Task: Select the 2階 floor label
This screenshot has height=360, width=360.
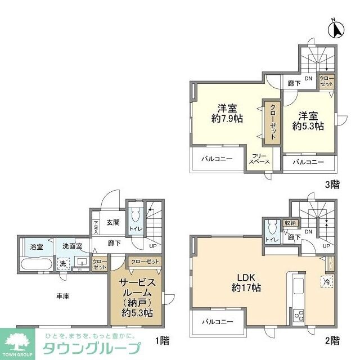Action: pyautogui.click(x=332, y=340)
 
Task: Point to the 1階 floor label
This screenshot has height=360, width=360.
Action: pyautogui.click(x=161, y=340)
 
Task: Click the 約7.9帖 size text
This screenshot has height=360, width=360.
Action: pyautogui.click(x=227, y=119)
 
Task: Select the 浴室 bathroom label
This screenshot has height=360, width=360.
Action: pyautogui.click(x=29, y=245)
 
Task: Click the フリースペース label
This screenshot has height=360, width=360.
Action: pyautogui.click(x=259, y=159)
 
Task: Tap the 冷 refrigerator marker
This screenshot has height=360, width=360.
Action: pyautogui.click(x=326, y=281)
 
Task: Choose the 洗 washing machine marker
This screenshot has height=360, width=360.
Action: pyautogui.click(x=63, y=263)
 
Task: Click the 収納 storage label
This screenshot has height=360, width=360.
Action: pyautogui.click(x=290, y=223)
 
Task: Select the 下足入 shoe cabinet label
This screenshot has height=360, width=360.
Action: pyautogui.click(x=96, y=226)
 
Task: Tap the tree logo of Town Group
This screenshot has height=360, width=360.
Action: pyautogui.click(x=20, y=340)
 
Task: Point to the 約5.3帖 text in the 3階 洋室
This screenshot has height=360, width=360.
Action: pyautogui.click(x=308, y=126)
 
